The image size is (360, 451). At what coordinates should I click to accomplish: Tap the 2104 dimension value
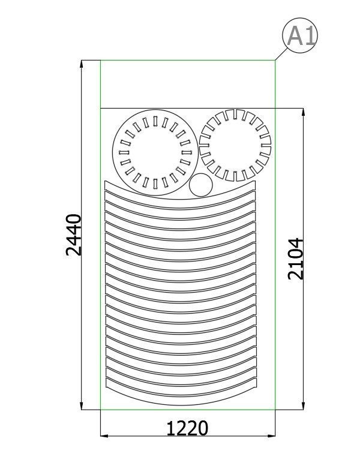(x=296, y=258)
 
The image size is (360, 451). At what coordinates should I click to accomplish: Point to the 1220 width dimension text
(x=187, y=428)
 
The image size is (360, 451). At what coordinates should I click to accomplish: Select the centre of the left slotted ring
(x=153, y=154)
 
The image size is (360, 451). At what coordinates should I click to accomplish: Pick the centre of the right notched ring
(x=235, y=146)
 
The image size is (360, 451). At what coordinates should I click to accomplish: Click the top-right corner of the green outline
(x=275, y=61)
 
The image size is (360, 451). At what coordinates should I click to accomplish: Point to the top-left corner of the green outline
(x=100, y=61)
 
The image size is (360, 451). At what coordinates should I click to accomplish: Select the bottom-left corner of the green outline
(x=100, y=410)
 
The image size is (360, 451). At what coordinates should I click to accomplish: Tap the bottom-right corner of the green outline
(x=275, y=410)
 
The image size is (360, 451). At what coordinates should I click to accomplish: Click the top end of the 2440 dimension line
(x=82, y=61)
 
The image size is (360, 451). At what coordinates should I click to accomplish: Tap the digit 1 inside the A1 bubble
(x=308, y=37)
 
